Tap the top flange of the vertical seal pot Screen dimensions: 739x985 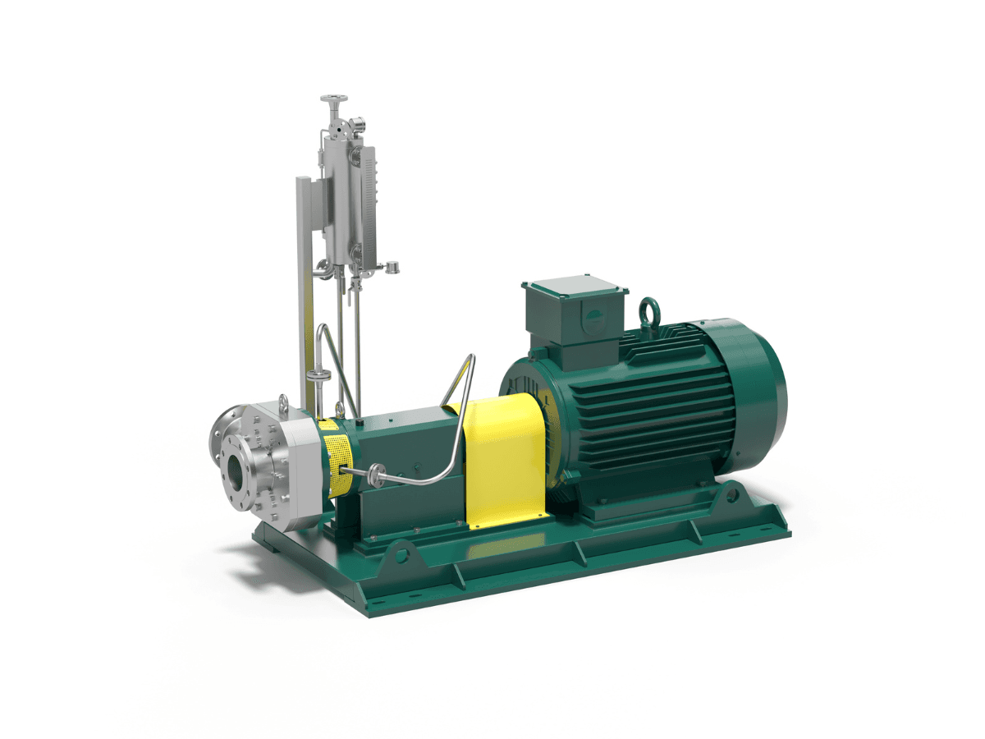point(333,100)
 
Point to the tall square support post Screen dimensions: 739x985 point(305,287)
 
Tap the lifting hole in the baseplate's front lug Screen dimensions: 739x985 point(402,555)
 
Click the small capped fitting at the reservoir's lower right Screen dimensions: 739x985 point(393,266)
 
